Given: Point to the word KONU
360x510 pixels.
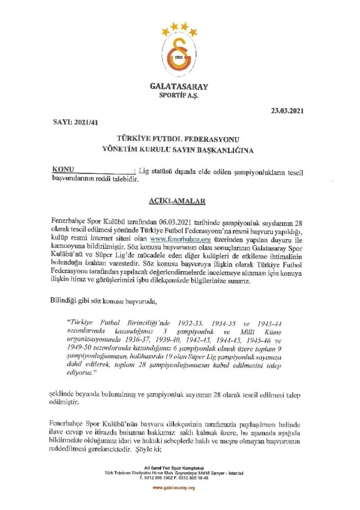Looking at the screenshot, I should click(x=63, y=170).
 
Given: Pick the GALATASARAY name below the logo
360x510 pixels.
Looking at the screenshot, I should click(x=179, y=86).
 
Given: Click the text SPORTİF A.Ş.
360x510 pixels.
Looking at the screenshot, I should click(x=179, y=95).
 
